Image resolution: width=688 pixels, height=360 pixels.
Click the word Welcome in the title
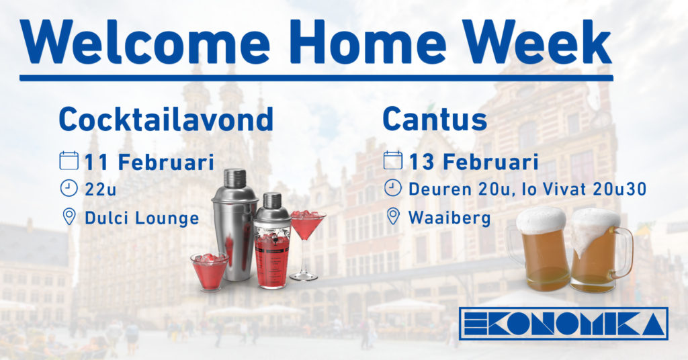pos(145,42)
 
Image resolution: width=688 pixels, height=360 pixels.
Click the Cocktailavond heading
pos(167,119)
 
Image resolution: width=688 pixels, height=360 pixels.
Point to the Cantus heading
pos(435,119)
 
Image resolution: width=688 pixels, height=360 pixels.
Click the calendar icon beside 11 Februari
pos(69,161)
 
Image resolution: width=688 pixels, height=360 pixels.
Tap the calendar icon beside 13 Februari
pos(392,160)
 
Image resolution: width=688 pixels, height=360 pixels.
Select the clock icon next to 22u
pos(69,188)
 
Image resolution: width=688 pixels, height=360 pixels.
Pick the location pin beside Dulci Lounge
pos(69,217)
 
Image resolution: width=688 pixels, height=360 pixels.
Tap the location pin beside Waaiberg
pos(393,216)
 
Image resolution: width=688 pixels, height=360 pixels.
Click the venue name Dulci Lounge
pos(142,218)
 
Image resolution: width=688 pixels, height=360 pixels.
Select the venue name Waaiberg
pos(449,218)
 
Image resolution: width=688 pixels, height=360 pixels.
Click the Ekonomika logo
pos(564,324)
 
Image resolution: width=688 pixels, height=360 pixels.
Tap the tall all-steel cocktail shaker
pos(234,224)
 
